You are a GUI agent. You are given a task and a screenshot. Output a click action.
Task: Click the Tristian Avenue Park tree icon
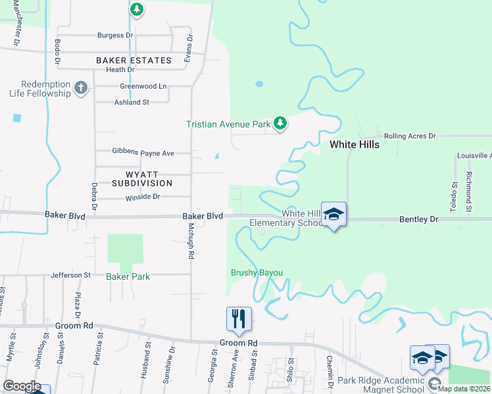(x=280, y=123)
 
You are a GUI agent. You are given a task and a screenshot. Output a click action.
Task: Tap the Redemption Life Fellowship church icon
(x=81, y=88)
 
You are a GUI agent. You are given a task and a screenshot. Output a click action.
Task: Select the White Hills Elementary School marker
(x=333, y=215)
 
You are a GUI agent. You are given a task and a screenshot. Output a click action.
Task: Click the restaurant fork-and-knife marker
(x=239, y=320)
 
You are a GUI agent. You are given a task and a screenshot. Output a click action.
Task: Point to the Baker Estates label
(x=134, y=60)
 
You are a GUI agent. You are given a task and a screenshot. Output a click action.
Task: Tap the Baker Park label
(x=128, y=276)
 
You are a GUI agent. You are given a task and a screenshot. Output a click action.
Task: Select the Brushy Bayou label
(x=257, y=273)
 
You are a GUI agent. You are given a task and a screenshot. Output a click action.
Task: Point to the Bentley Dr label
(x=418, y=219)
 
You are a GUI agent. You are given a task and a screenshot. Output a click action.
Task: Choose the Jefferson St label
(x=70, y=275)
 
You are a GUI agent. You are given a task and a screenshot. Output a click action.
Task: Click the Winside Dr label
(x=142, y=196)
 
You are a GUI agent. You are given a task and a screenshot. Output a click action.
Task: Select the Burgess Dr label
(x=115, y=35)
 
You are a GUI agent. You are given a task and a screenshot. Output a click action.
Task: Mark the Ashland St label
(x=132, y=102)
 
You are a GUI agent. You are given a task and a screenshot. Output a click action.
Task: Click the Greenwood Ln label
(x=143, y=86)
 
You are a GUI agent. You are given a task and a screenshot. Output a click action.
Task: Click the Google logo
(x=22, y=386)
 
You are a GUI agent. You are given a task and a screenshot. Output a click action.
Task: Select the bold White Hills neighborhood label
(x=354, y=144)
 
